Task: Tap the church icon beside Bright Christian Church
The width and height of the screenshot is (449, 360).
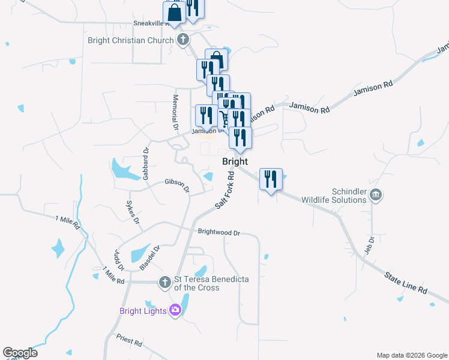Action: [x=183, y=40]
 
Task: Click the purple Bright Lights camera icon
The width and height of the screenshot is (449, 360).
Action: [x=175, y=310]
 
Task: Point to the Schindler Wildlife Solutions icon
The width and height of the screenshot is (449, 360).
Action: [x=376, y=194]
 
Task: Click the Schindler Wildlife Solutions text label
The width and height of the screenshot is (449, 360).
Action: [x=334, y=195]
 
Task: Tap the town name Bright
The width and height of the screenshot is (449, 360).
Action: [x=235, y=162]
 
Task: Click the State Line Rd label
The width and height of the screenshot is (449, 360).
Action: [x=406, y=282]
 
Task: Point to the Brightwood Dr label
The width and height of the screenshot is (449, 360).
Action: [x=218, y=232]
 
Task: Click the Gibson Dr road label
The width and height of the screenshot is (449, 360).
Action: [x=177, y=185]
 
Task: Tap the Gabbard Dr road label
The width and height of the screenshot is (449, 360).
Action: [x=145, y=164]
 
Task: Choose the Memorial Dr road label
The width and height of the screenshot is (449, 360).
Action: [x=176, y=112]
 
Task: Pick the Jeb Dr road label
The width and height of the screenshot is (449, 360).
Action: [x=371, y=245]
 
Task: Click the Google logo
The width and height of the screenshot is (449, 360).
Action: [x=20, y=353]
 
